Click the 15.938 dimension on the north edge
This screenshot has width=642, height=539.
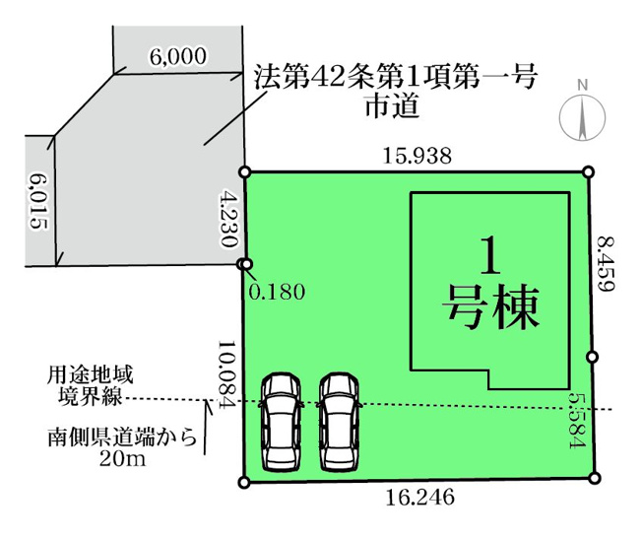417,156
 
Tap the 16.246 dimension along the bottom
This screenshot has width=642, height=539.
420,497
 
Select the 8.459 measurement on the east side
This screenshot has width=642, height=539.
606,263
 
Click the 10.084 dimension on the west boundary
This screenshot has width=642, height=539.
226,373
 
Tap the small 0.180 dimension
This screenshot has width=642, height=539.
277,293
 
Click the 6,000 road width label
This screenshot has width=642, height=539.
177,56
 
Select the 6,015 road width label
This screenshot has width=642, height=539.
38,202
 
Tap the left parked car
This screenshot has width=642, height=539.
281,422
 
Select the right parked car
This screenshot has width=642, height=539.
339,422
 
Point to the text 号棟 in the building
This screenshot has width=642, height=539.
489,306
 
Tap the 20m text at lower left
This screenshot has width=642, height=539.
122,458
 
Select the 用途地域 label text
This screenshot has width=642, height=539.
90,375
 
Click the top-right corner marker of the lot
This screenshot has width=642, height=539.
588,171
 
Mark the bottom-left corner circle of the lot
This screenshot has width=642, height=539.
243,483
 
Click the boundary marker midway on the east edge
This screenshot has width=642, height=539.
592,357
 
